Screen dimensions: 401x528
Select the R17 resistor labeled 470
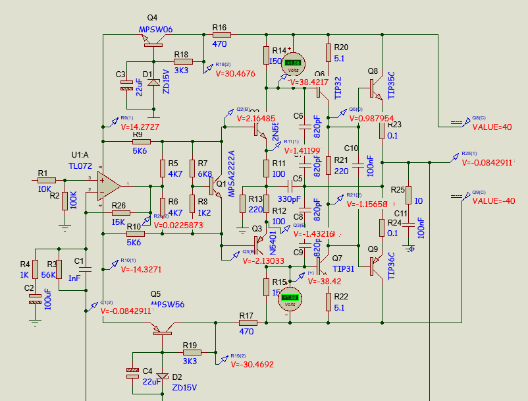point(247,323)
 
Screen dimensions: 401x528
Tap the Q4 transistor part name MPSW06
point(155,30)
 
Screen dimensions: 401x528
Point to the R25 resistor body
point(408,195)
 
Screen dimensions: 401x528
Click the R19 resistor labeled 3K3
point(190,352)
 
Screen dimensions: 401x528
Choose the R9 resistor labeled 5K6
point(142,142)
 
